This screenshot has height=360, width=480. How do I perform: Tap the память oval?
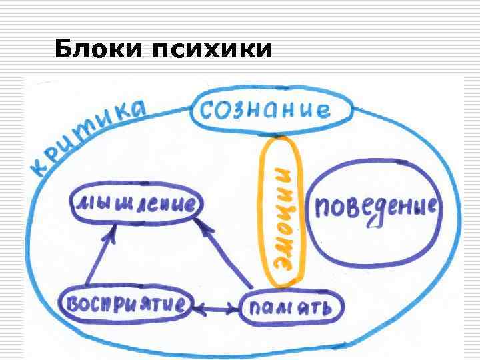tap(292, 307)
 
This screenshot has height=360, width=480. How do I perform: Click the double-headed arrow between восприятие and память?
tap(216, 308)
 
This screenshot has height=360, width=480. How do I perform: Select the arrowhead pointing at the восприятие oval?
tap(198, 308)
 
